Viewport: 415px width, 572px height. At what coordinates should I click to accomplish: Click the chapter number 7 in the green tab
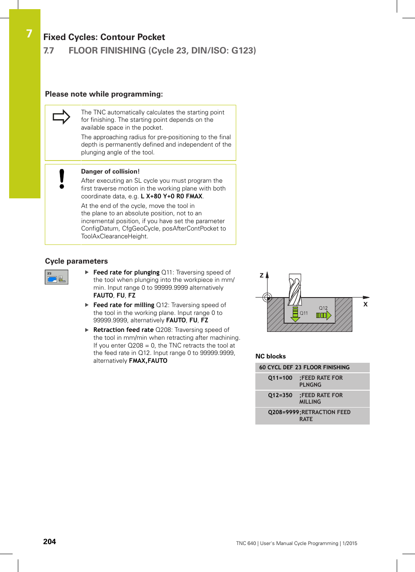coord(29,34)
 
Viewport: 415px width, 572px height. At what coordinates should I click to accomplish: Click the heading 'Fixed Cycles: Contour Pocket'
coord(104,37)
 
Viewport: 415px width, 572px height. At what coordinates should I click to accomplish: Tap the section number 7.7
coord(49,50)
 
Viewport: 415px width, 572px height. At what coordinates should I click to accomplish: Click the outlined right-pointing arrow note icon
coord(61,117)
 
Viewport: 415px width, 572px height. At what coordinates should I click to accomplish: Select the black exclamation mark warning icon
coord(62,179)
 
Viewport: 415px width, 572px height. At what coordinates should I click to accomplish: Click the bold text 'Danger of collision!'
coord(110,171)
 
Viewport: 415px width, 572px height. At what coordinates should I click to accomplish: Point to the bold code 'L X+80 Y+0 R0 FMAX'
coord(171,196)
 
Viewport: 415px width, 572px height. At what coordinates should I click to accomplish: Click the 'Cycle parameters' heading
coord(76,261)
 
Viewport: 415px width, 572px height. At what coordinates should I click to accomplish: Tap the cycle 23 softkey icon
coord(57,277)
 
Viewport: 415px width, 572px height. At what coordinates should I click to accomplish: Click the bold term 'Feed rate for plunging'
coord(126,272)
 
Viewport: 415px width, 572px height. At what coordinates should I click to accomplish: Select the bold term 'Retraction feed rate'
coord(123,330)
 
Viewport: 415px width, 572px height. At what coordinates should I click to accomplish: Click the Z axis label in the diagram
coord(261,275)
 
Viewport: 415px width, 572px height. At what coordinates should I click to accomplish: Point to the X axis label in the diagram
coord(365,304)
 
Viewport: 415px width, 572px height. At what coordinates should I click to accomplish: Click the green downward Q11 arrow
coord(295,314)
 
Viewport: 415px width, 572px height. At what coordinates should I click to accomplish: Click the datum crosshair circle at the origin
coord(267,298)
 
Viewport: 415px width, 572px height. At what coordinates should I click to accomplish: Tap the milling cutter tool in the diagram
coord(295,290)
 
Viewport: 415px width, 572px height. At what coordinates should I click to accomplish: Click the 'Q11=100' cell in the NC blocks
coord(280,378)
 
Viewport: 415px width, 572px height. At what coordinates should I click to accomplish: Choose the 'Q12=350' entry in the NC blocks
coord(280,395)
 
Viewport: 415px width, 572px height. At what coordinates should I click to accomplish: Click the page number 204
coord(50,542)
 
